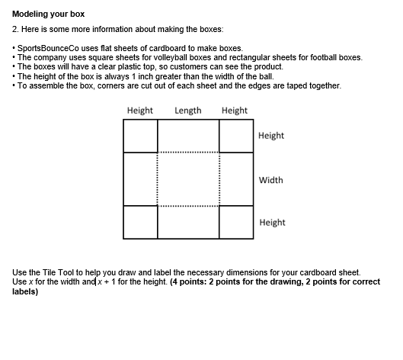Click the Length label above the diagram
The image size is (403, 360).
[x=188, y=111]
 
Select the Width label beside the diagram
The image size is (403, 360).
[x=270, y=181]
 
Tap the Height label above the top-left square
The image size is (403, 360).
[x=140, y=111]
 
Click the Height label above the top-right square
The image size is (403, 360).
[x=234, y=111]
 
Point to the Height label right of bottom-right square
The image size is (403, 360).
[x=272, y=223]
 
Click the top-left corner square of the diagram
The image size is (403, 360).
[x=139, y=136]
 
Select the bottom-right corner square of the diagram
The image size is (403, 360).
[x=235, y=221]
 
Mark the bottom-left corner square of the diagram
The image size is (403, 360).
[x=139, y=221]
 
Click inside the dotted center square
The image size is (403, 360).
[x=188, y=179]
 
